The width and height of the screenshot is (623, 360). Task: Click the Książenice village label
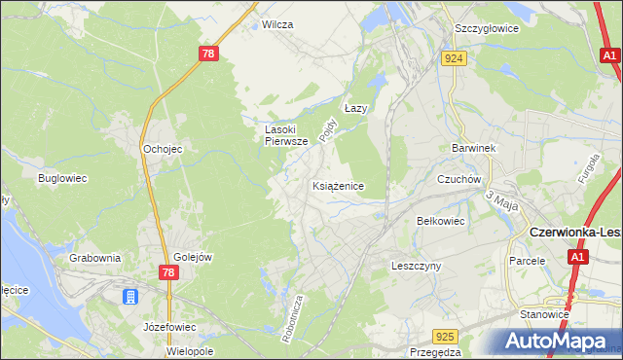click(x=338, y=185)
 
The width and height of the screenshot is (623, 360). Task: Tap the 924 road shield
click(x=456, y=58)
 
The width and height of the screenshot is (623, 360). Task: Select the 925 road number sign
click(x=446, y=337)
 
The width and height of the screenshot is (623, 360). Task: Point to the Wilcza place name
click(x=277, y=24)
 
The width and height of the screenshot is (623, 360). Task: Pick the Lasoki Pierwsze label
click(x=287, y=134)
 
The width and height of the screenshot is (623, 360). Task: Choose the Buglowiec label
click(x=63, y=179)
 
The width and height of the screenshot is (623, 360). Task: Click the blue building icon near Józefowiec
click(x=129, y=297)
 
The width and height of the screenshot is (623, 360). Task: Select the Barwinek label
click(x=474, y=148)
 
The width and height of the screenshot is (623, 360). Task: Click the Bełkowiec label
click(x=440, y=222)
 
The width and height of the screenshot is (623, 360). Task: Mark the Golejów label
click(x=193, y=256)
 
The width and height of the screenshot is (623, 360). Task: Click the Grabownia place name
click(x=95, y=258)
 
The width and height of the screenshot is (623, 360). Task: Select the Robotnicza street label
click(x=290, y=315)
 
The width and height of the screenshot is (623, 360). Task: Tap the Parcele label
click(x=527, y=261)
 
